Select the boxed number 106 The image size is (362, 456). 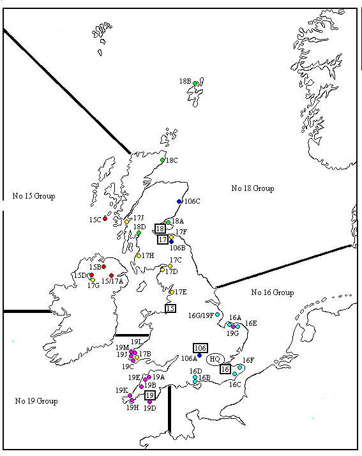[x=200, y=347]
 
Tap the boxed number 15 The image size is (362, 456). [x=170, y=308]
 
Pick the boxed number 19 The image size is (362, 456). [x=150, y=395]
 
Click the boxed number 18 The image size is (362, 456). [x=160, y=228]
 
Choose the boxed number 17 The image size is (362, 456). [x=163, y=239]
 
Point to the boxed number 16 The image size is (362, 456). [x=225, y=369]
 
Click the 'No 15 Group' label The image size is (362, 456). [x=34, y=195]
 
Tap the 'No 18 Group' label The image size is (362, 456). [x=253, y=188]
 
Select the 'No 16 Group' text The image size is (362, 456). [x=273, y=293]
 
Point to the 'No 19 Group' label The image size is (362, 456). [x=36, y=401]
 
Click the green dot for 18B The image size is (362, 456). [x=195, y=84]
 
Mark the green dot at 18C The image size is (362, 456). [x=163, y=160]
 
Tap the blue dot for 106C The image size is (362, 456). [x=179, y=202]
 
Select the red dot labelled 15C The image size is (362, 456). [x=105, y=218]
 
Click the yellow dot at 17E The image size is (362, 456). [x=172, y=293]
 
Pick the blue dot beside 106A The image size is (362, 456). [x=200, y=356]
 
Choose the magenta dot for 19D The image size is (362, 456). [x=149, y=402]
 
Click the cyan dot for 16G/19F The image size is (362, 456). [x=218, y=315]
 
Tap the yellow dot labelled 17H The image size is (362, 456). [x=139, y=255]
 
